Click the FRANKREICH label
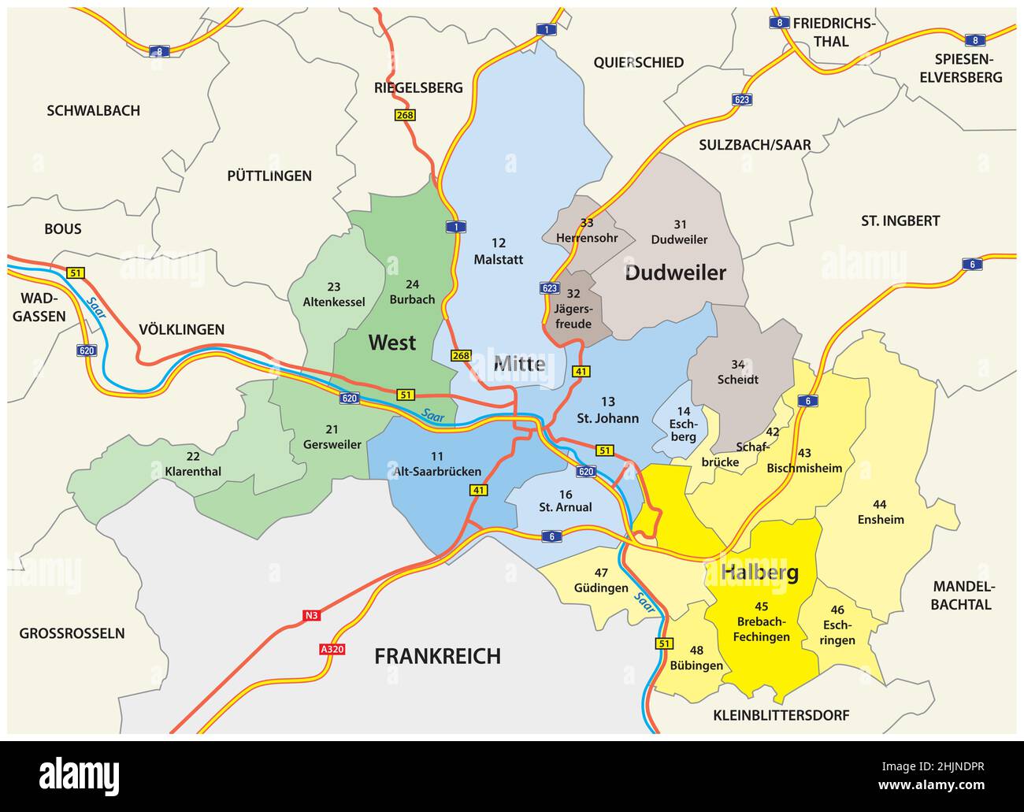coord(437,656)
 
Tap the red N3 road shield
coord(312,616)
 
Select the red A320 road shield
coord(332,649)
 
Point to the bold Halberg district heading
coord(759,573)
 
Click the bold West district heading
coord(392,343)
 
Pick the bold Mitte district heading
coord(519,364)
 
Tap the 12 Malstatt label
coord(498,251)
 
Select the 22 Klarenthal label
coord(193,464)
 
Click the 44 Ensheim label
coord(881,512)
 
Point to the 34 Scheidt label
coord(738,372)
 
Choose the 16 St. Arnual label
coord(565,501)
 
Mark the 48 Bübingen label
coord(696,658)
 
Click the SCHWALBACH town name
coord(93,111)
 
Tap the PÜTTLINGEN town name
coord(269,176)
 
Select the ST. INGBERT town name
coord(900,221)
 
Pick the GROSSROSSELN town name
coord(72,633)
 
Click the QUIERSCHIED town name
coord(638,62)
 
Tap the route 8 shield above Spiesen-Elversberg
coord(975,40)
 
